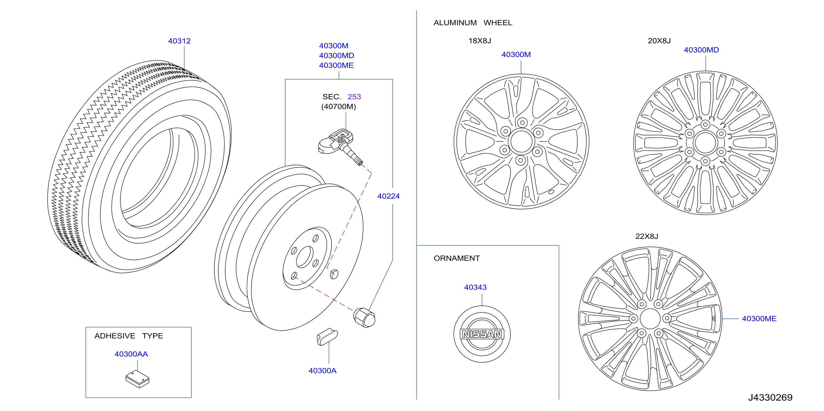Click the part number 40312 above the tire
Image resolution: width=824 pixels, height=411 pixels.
coord(179,41)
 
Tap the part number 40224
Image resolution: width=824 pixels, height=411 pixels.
coord(388,196)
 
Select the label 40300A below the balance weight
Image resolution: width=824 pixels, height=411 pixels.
coord(322,371)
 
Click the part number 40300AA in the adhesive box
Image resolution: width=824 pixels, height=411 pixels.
coord(131,354)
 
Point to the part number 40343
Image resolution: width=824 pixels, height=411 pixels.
coord(475,287)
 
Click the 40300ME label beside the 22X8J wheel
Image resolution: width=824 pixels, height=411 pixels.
coord(759,318)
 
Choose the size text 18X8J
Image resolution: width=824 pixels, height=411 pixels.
coord(479,41)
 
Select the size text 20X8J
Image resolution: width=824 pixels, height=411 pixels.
coord(659,41)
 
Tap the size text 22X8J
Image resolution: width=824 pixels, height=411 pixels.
coord(646,236)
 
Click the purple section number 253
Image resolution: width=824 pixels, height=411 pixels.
coord(354,97)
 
